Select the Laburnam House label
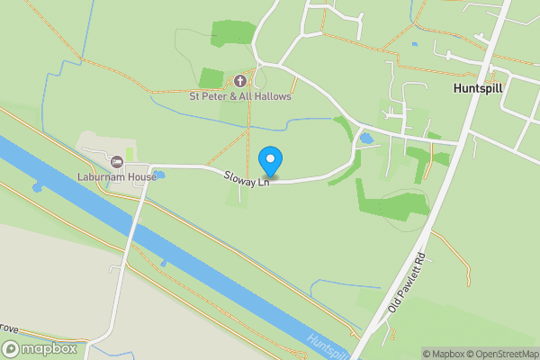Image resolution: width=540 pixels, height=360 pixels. coord(116,176)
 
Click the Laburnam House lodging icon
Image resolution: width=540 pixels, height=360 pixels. coord(117,162)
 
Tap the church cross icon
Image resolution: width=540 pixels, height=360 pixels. coord(239,81)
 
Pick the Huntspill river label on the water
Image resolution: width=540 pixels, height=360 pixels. coord(324,346)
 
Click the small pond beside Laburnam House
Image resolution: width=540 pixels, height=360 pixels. coord(159,174)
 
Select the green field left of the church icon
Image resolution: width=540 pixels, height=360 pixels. coord(211,78)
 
